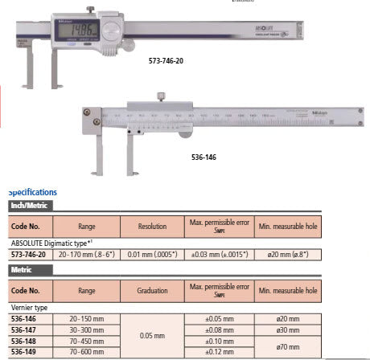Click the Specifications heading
click(32, 193)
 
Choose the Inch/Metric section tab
click(27, 206)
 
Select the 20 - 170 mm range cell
click(86, 255)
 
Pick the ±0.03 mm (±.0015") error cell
click(220, 255)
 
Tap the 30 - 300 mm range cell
click(86, 329)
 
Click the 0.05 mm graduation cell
click(152, 333)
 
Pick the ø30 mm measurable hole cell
click(287, 329)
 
